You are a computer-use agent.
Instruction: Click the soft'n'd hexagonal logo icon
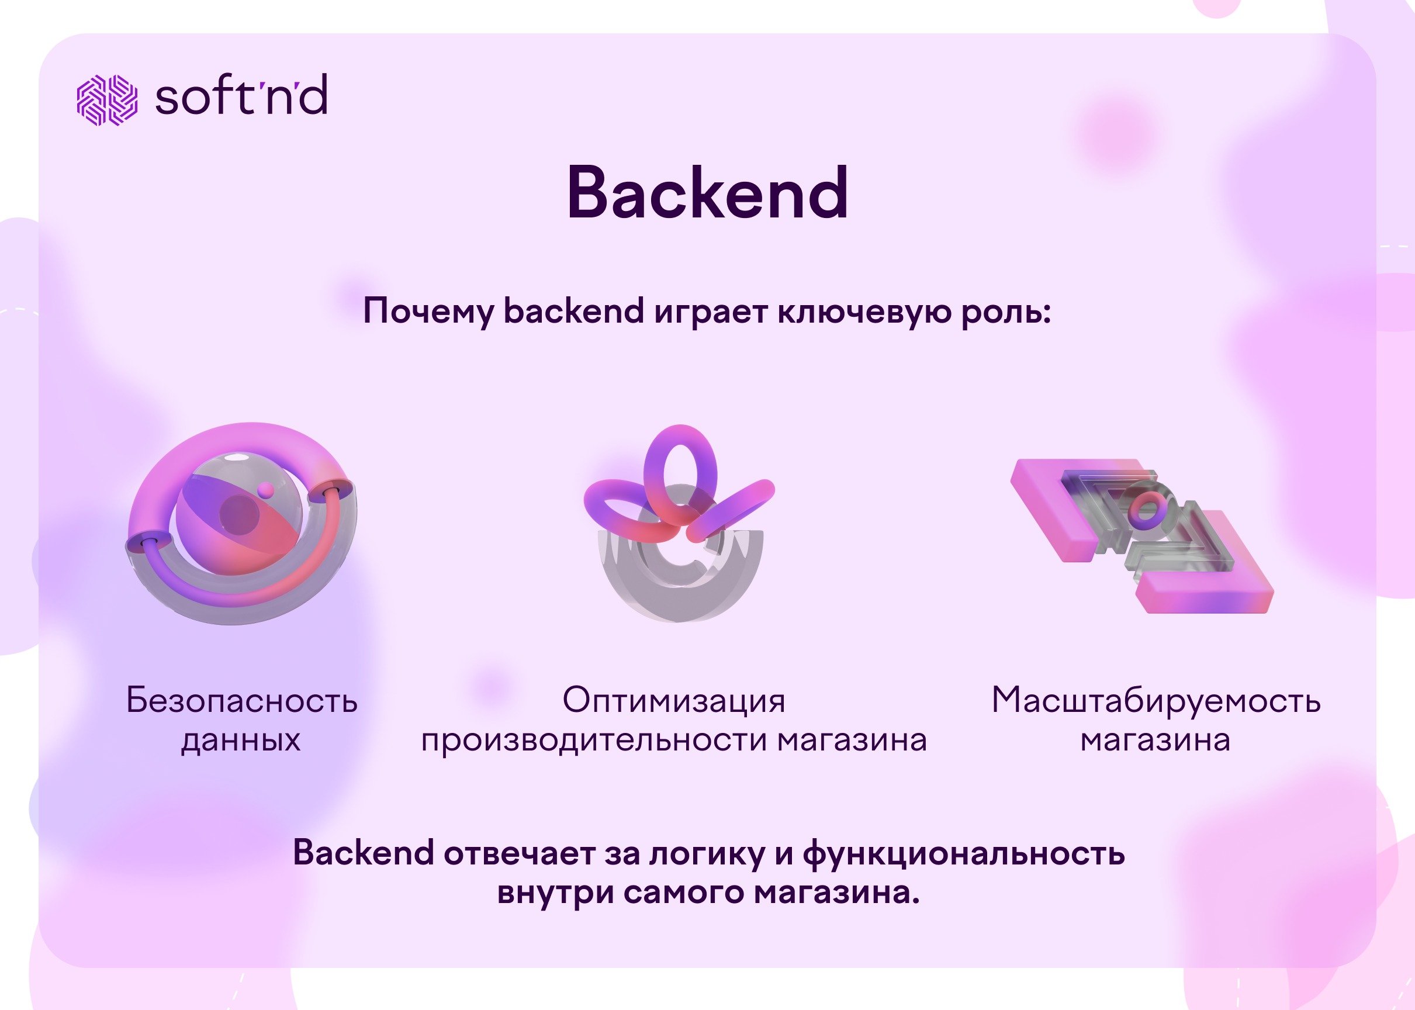[x=107, y=100]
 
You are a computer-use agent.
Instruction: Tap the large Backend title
[x=708, y=193]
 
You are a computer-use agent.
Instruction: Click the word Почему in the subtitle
[x=428, y=312]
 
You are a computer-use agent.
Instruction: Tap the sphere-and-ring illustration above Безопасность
[x=241, y=523]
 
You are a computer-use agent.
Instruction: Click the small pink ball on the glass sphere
[x=265, y=490]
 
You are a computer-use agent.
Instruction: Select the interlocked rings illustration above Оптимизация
[x=679, y=523]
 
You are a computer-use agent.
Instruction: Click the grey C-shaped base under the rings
[x=680, y=575]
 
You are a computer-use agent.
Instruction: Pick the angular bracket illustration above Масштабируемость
[x=1141, y=536]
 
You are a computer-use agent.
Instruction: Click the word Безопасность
[x=242, y=700]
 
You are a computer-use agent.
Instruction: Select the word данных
[x=241, y=741]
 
